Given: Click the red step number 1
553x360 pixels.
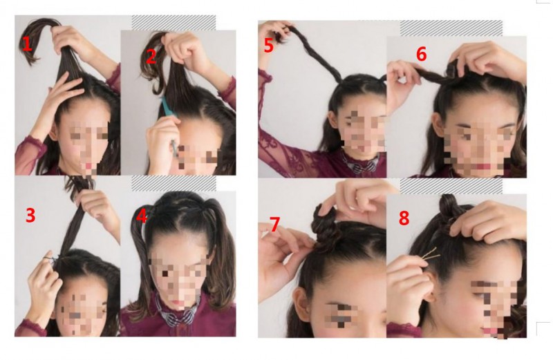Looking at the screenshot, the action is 27,44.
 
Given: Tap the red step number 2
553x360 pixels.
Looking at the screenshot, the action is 151,57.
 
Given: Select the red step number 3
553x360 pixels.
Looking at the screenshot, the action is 30,215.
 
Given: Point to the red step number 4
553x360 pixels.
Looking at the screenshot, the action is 142,216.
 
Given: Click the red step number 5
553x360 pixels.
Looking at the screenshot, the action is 269,46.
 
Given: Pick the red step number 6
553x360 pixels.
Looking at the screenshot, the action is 421,54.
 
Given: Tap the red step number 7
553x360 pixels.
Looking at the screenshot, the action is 274,225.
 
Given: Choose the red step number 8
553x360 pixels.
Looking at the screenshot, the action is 404,218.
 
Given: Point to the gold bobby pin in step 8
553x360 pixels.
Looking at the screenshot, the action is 431,255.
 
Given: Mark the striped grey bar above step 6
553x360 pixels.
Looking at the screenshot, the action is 451,28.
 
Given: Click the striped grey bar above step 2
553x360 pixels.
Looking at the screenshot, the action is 174,23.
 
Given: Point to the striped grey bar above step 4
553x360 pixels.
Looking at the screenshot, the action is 174,183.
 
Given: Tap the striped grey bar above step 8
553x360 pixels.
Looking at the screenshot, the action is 451,186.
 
